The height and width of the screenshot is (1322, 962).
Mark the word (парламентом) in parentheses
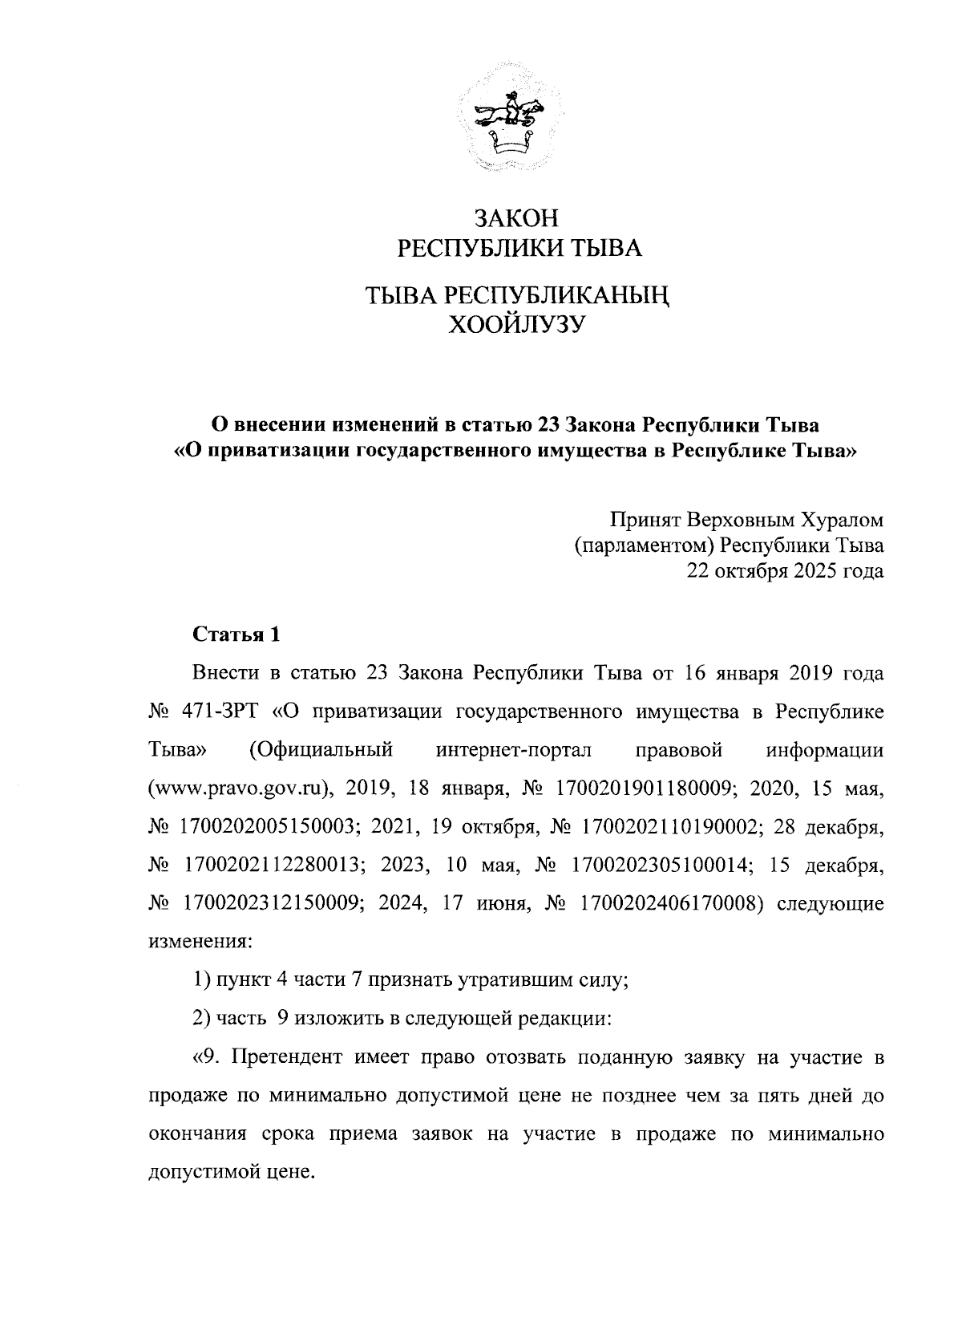pyautogui.click(x=645, y=546)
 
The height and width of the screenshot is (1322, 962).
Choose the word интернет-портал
pyautogui.click(x=513, y=750)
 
